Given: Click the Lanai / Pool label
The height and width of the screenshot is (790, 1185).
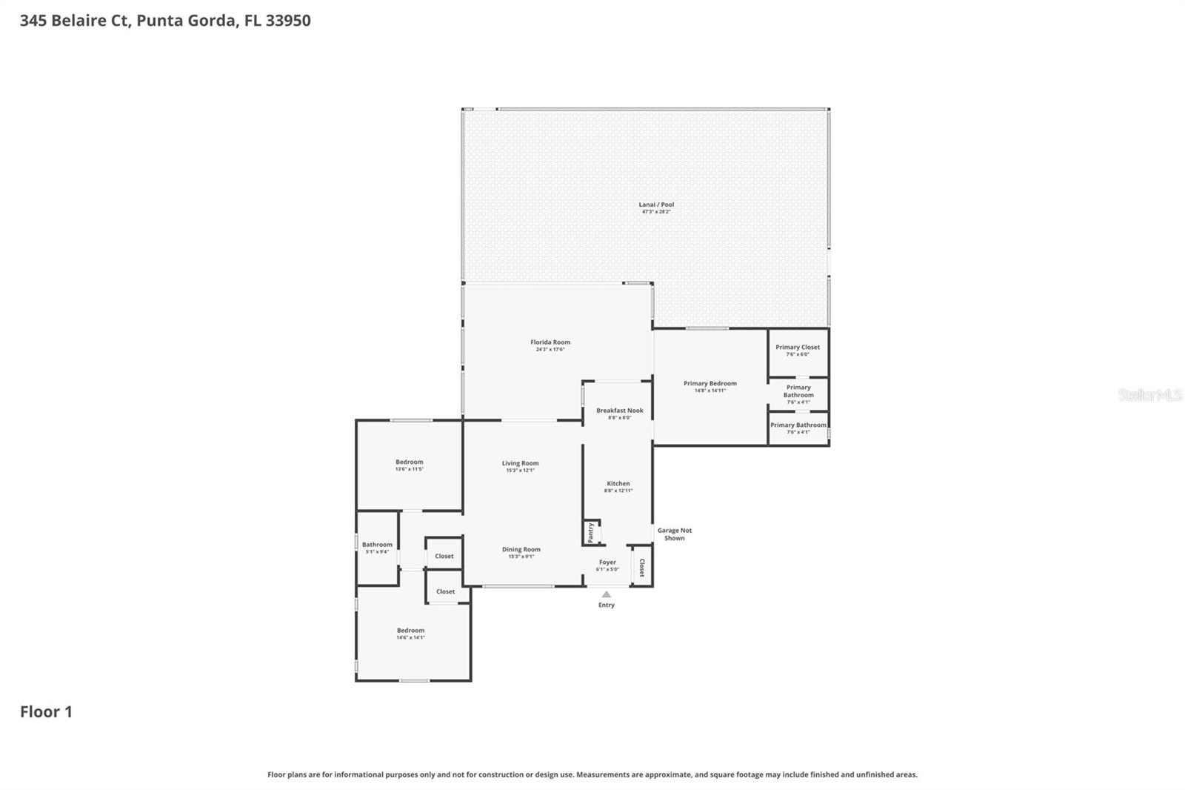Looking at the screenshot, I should point(656,205).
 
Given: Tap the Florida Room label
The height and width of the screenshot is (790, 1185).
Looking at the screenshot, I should point(550,342).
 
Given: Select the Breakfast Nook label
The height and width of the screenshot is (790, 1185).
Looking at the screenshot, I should point(620,411).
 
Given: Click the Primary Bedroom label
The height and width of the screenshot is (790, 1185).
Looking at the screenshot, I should point(710,383).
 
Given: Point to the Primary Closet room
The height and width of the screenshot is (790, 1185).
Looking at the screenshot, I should point(798,350).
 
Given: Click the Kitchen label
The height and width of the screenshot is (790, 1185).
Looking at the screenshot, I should point(618,483).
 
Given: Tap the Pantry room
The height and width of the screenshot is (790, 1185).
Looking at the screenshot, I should point(592,532).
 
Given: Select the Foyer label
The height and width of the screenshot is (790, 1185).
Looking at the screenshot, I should point(607,562).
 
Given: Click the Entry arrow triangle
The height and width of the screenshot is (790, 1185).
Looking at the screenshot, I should point(607,594).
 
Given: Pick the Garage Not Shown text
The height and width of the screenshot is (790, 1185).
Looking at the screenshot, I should point(674,534).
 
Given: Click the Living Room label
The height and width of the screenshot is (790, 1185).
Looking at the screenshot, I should point(520,463).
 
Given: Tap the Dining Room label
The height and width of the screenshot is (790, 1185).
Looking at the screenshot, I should point(521,549).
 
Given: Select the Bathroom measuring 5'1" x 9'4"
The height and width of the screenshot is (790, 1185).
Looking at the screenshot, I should point(377,547).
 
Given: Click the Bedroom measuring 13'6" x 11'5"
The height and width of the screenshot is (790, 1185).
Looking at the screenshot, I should point(409,465).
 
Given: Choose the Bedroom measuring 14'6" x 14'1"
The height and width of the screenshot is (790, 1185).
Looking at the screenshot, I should point(410,633).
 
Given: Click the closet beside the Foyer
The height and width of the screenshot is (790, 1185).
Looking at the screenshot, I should point(641,567).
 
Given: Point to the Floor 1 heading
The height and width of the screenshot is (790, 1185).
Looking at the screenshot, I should point(46,711).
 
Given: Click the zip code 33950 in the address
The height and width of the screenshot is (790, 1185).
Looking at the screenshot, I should point(288,20).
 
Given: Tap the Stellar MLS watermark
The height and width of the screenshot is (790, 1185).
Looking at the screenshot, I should point(1149,395).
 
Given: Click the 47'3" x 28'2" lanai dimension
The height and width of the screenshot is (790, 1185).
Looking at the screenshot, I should point(656,212).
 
